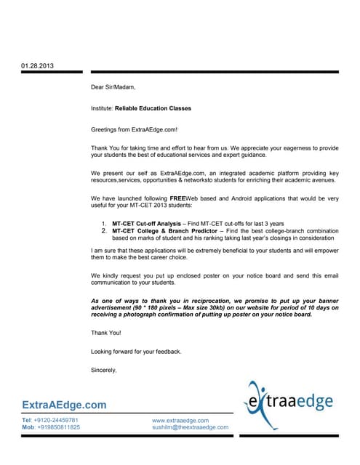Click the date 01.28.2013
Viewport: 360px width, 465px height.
coord(37,66)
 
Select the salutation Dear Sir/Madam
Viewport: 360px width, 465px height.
coord(113,87)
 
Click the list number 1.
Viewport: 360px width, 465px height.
coord(105,222)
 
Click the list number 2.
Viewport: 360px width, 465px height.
coord(105,230)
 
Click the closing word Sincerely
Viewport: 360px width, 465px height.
coord(104,370)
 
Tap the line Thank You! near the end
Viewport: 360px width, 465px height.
coord(106,332)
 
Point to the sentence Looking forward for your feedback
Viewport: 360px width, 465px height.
coord(136,352)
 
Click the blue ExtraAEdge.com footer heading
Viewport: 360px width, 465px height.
coord(64,405)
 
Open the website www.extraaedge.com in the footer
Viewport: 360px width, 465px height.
coord(180,420)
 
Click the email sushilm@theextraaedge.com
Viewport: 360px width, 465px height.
coord(190,427)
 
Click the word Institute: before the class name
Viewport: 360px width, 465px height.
coord(102,108)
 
